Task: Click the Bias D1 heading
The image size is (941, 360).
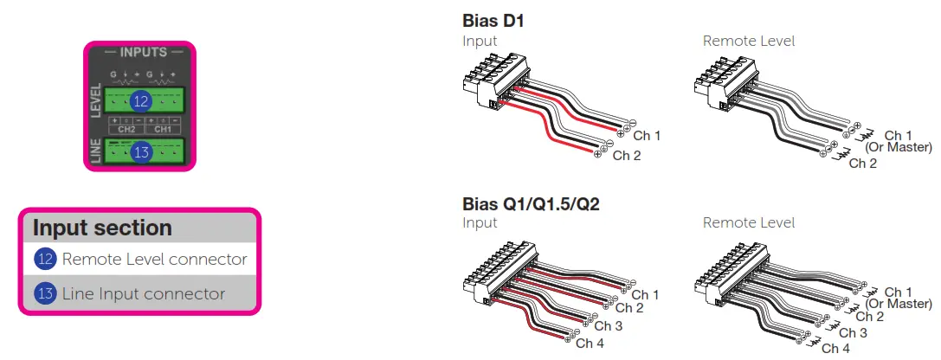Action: tap(493, 20)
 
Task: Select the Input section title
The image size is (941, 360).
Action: tap(102, 228)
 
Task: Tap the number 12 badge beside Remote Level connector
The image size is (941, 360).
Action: tap(45, 259)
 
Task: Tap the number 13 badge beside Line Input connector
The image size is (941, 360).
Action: tap(45, 293)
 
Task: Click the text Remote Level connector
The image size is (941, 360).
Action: tap(154, 259)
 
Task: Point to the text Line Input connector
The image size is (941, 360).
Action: tap(143, 293)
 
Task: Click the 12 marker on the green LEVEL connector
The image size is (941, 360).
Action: tap(140, 101)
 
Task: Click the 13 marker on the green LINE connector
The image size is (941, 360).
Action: tap(140, 152)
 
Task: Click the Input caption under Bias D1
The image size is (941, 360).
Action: tap(480, 41)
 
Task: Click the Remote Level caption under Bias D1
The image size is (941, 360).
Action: tap(748, 41)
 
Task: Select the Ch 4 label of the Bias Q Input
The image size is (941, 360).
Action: tap(590, 344)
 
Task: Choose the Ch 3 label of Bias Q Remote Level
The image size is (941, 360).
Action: tap(853, 332)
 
